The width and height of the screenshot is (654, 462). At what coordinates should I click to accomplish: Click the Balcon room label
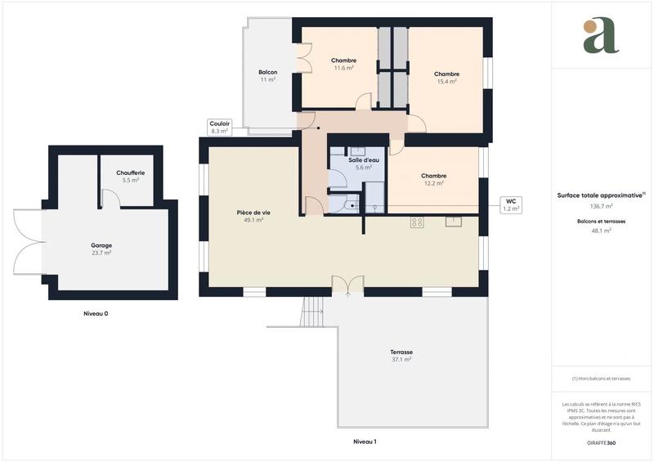tap(267, 72)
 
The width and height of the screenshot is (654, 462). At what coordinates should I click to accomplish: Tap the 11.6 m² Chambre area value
tap(343, 68)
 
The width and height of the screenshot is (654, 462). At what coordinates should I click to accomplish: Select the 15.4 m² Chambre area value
tap(446, 81)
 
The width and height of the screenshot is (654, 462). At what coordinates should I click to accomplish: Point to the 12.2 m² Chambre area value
tap(433, 183)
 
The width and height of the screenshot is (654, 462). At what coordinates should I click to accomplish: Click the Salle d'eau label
tap(363, 159)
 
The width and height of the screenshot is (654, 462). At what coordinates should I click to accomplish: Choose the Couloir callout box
tap(219, 127)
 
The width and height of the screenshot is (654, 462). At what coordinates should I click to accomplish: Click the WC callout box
tap(510, 204)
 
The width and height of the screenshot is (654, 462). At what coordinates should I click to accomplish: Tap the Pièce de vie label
tap(253, 213)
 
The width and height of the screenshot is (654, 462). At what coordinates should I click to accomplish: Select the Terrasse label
tap(401, 352)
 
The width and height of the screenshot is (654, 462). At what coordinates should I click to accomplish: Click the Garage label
tap(101, 245)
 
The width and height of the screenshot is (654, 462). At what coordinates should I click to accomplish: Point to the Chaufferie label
tap(131, 173)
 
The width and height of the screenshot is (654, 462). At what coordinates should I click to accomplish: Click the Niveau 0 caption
tap(96, 314)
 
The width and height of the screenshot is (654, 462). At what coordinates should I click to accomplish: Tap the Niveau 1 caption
tap(364, 442)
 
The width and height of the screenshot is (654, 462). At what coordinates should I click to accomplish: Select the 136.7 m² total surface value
tap(601, 206)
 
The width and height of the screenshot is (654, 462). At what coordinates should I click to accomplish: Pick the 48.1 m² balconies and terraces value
tap(601, 231)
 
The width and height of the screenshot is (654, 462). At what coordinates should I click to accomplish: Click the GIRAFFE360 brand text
tap(601, 442)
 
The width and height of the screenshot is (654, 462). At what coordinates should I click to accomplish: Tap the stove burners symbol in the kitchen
tap(417, 222)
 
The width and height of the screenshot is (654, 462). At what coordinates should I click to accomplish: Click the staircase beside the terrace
tap(314, 311)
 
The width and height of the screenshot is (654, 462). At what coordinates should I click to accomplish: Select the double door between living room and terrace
tap(347, 285)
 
